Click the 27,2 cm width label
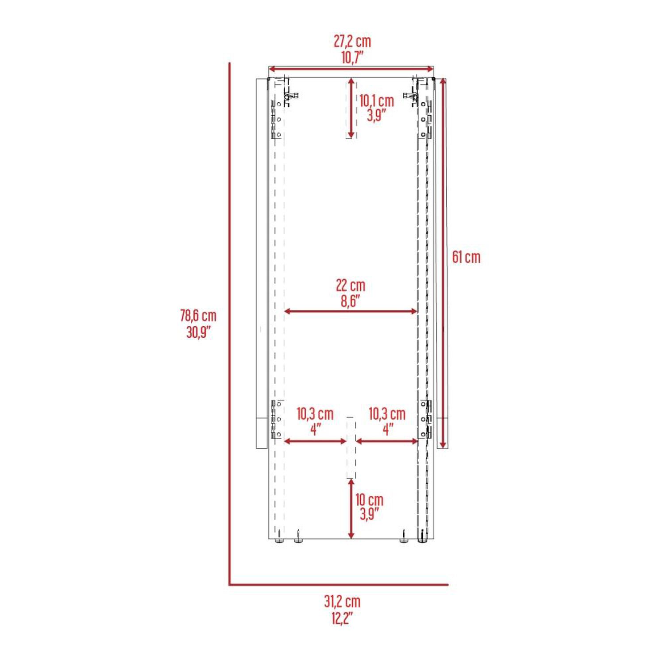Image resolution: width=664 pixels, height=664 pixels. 352,41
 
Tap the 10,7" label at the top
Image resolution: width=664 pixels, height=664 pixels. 352,57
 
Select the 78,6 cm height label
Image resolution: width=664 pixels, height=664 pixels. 198,316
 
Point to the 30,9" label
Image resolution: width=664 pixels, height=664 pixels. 198,332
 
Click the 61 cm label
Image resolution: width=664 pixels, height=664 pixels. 466,257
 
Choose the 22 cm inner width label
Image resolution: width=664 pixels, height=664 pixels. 351,286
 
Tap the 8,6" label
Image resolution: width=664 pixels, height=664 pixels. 351,301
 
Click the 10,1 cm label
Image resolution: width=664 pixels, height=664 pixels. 376,100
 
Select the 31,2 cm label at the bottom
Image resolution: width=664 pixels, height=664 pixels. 342,601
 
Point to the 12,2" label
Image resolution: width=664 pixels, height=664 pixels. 342,618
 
